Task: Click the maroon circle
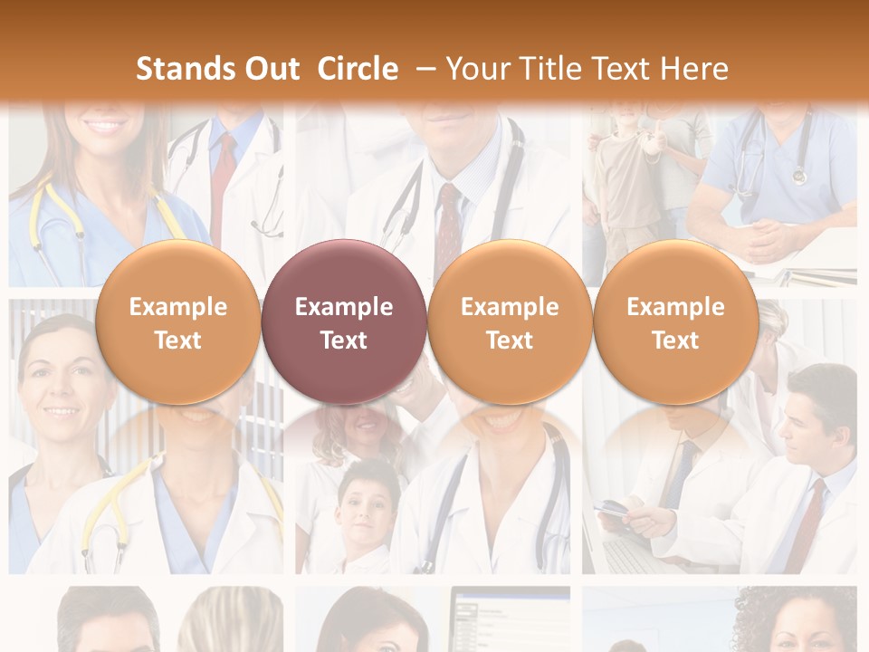[x=343, y=322]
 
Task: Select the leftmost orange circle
[x=177, y=322]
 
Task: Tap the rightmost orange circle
[x=675, y=322]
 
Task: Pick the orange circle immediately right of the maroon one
[x=510, y=322]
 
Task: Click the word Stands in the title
[x=186, y=69]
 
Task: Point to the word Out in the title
[x=272, y=69]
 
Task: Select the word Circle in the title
[x=358, y=69]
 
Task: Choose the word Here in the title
[x=694, y=69]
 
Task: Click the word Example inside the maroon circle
[x=343, y=307]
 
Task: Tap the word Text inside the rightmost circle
[x=675, y=340]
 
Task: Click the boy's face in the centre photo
[x=367, y=503]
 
